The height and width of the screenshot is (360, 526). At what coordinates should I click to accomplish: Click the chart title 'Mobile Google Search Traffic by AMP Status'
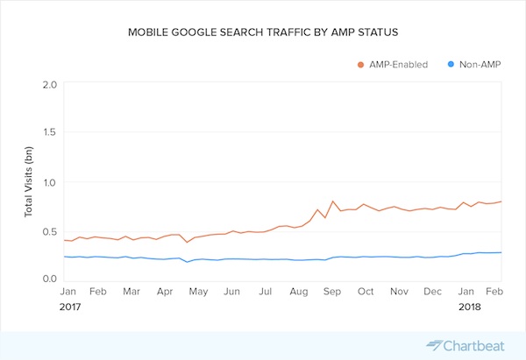click(x=262, y=32)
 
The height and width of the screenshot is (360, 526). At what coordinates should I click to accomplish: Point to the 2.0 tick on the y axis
click(x=48, y=85)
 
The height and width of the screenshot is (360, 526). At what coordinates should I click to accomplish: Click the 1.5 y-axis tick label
click(x=48, y=133)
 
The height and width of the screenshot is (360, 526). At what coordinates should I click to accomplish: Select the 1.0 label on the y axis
click(x=48, y=182)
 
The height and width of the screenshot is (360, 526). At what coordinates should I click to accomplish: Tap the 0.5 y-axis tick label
click(x=48, y=230)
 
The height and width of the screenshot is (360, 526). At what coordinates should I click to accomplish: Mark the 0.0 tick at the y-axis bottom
click(x=48, y=279)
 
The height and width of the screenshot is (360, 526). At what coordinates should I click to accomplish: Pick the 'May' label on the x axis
click(x=199, y=291)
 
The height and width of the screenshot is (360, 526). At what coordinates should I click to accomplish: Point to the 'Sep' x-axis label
click(x=331, y=291)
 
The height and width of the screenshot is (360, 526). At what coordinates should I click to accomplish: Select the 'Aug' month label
click(x=299, y=291)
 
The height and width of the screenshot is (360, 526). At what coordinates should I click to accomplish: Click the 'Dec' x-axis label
click(x=432, y=291)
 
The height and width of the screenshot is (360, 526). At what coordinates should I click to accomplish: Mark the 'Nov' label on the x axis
click(x=399, y=291)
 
